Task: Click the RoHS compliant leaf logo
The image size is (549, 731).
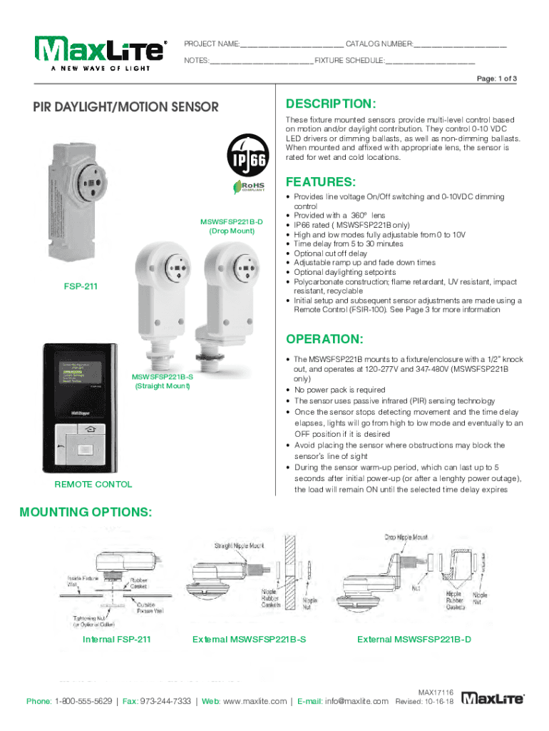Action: [x=245, y=186]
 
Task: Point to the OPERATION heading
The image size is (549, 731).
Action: [x=324, y=338]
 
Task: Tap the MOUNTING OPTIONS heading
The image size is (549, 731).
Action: [x=85, y=513]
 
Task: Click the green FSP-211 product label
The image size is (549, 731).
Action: [x=81, y=287]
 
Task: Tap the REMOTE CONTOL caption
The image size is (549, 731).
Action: [x=93, y=484]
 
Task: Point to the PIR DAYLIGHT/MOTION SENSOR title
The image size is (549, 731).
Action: [x=125, y=108]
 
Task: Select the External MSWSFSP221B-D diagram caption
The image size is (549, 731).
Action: [x=414, y=639]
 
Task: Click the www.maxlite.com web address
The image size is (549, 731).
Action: [x=255, y=701]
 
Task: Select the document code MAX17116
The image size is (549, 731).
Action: [x=436, y=691]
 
